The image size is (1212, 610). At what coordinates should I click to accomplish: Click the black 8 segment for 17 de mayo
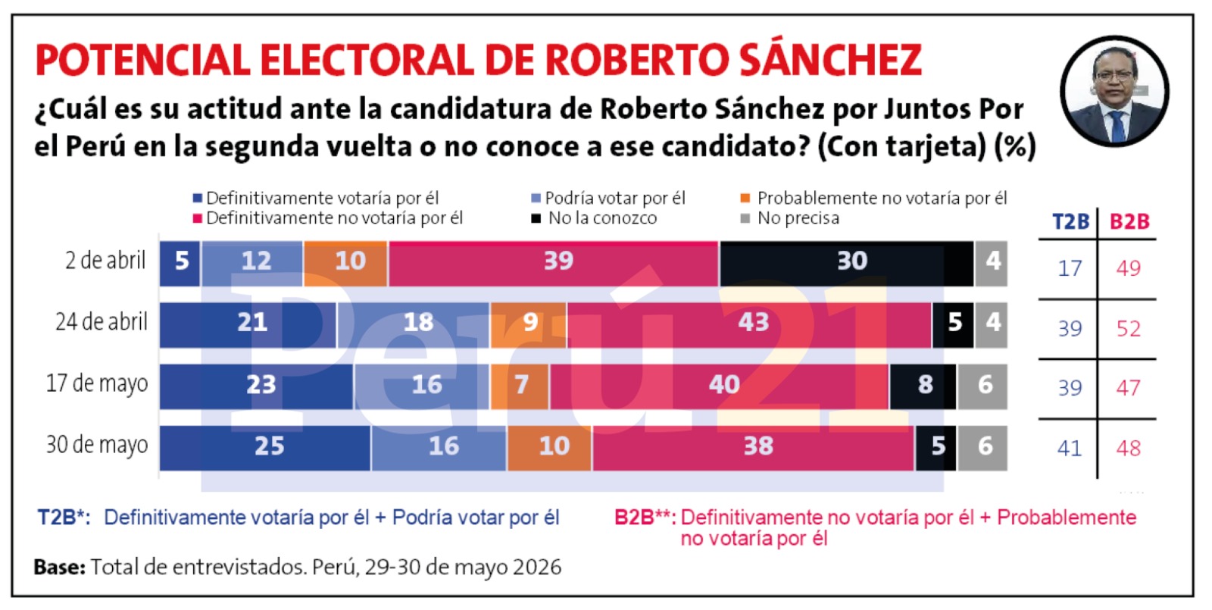tap(923, 386)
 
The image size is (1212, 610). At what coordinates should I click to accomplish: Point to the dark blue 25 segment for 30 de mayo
tap(265, 448)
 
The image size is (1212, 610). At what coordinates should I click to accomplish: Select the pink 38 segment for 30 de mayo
tap(753, 448)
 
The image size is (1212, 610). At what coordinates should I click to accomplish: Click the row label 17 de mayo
tap(97, 383)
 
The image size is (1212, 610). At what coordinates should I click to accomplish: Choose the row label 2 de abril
tap(105, 261)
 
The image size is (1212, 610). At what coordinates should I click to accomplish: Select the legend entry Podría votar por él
tap(608, 198)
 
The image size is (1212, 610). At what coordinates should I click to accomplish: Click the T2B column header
tap(1070, 221)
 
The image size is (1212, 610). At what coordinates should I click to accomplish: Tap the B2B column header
tap(1129, 221)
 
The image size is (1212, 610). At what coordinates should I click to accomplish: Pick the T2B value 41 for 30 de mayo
tap(1070, 448)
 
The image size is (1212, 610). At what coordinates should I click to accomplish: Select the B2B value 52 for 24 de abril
tap(1129, 329)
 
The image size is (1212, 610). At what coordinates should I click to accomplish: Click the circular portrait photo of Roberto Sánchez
tap(1114, 92)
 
